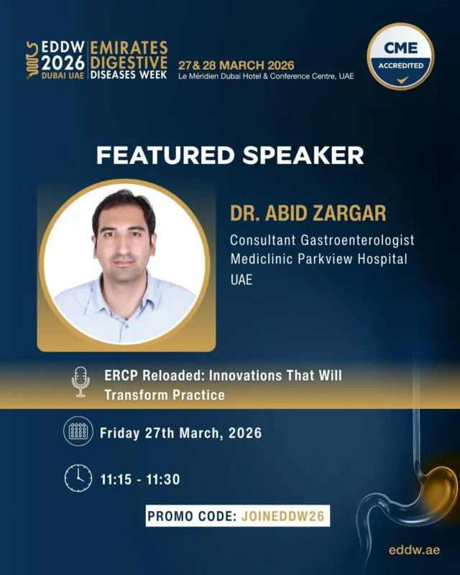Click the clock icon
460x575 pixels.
[x=78, y=478]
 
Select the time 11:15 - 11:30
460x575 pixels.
[x=139, y=478]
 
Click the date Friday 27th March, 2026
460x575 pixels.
[x=180, y=433]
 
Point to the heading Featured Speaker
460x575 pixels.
[x=230, y=155]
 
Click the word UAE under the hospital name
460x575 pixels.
[x=241, y=280]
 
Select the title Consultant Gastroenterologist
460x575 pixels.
[x=322, y=240]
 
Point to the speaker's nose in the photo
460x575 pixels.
[x=124, y=244]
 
